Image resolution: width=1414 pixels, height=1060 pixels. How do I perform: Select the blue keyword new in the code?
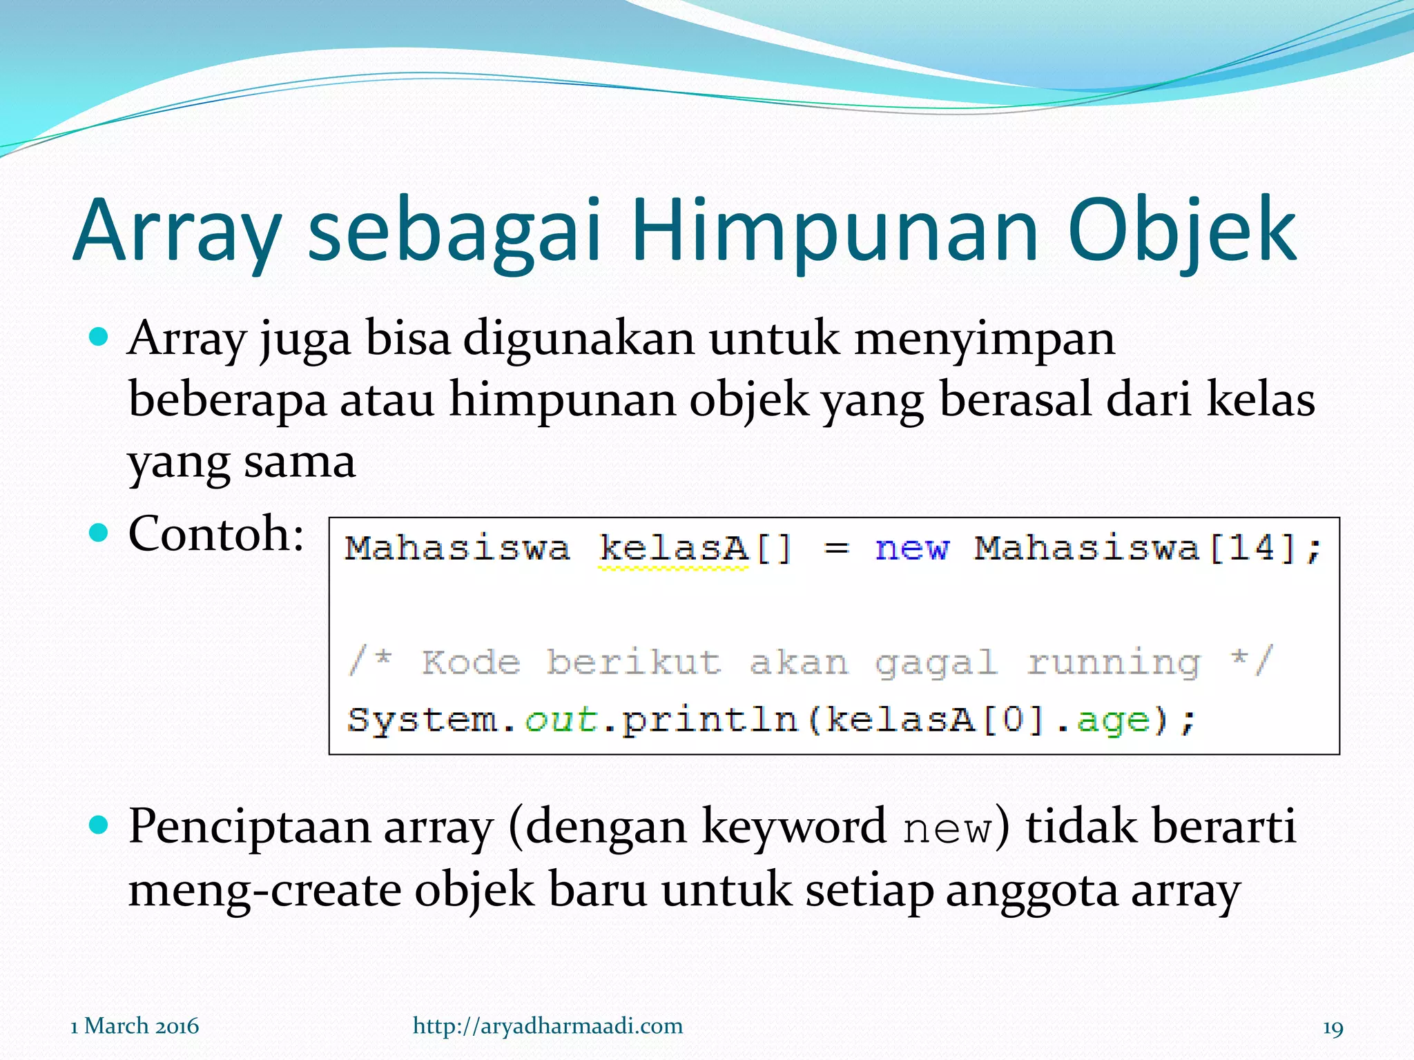(911, 549)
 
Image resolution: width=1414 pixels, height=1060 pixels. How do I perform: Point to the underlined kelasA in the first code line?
(673, 549)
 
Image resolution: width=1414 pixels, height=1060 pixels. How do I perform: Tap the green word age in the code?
(1113, 720)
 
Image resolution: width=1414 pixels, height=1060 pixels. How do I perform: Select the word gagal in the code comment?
(936, 663)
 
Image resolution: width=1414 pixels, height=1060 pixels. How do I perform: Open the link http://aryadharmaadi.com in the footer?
(548, 1025)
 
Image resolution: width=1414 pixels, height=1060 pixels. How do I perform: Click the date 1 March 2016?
(135, 1026)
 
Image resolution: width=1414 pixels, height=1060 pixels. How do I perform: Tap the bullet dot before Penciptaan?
(99, 824)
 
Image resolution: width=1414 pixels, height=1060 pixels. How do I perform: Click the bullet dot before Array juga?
(99, 337)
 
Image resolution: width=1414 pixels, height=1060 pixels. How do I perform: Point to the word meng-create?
(264, 890)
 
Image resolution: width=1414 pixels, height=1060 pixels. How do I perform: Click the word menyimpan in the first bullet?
(984, 340)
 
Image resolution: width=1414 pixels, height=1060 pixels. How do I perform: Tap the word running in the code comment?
(1113, 663)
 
